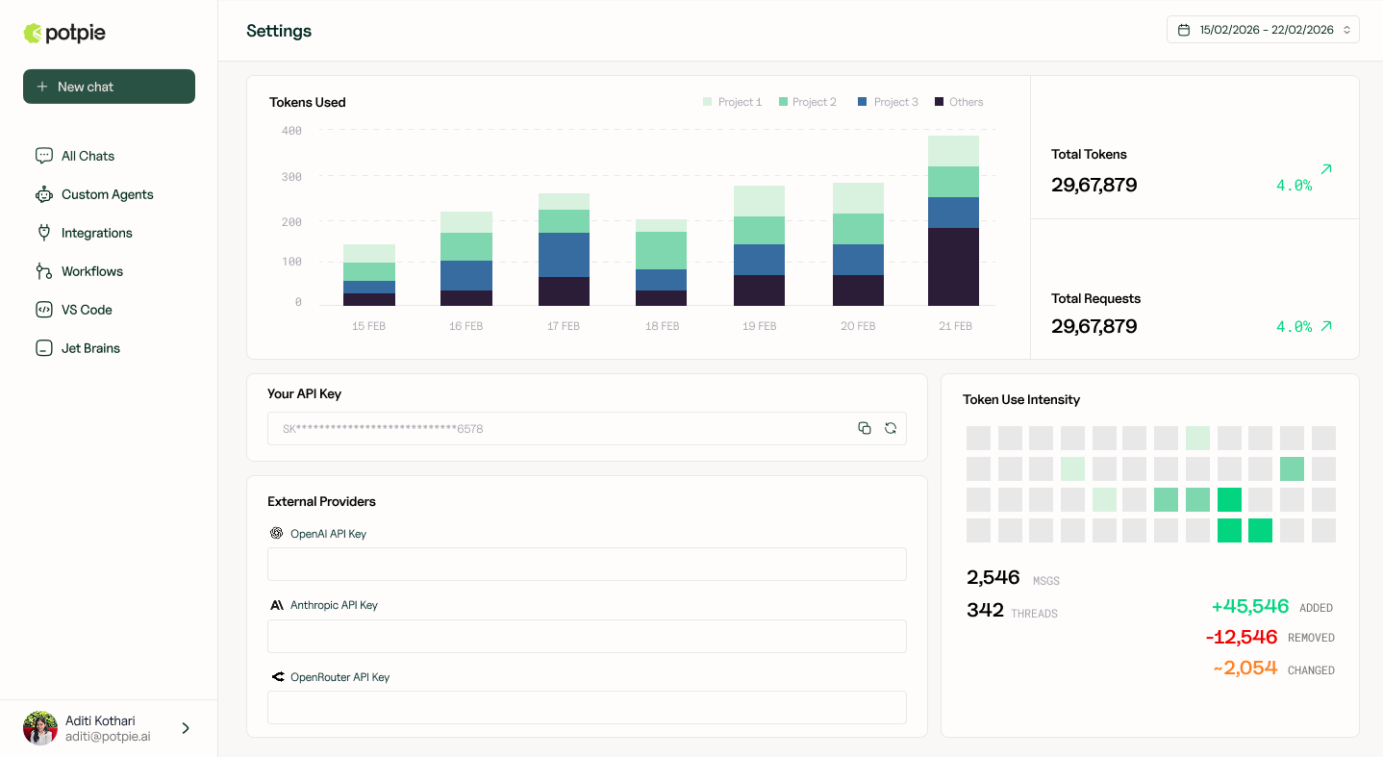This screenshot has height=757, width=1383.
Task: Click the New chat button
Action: pos(109,87)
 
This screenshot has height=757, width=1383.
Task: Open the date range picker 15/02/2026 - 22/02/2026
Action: pos(1263,30)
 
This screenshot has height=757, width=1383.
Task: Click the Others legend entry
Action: pos(959,102)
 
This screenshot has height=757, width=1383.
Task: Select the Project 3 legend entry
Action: pos(888,102)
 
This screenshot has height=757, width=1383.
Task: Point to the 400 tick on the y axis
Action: pos(291,130)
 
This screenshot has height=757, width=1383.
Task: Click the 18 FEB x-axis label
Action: pos(662,326)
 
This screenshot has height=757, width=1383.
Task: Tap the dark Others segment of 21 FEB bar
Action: pos(953,266)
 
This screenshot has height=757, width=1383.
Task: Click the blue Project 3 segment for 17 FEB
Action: pos(564,255)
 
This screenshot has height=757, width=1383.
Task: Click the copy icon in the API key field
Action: pos(865,428)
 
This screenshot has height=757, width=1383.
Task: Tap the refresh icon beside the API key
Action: pos(891,428)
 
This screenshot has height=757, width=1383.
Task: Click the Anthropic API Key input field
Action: pos(587,636)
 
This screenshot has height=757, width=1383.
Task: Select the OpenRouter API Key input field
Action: pos(587,708)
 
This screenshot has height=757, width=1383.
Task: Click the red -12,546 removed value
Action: pos(1242,637)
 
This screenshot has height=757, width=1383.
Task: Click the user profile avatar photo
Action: pos(40,728)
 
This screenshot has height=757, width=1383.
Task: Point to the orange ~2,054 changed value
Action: pos(1245,668)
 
